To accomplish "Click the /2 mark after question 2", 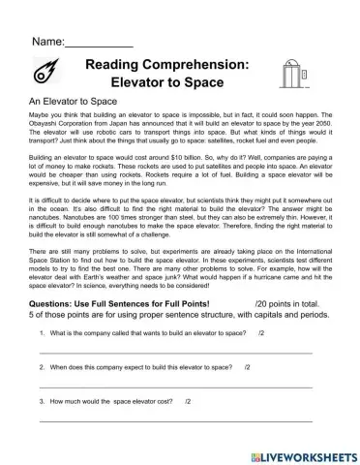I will pos(248,368).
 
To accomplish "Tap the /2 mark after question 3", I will pos(188,401).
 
